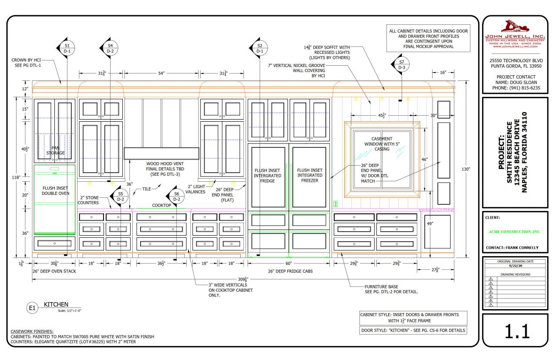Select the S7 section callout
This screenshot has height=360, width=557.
[x=400, y=64]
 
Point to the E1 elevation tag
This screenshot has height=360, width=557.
[x=31, y=308]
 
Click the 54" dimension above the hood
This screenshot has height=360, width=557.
[x=161, y=73]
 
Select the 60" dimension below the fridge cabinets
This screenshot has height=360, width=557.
[x=289, y=263]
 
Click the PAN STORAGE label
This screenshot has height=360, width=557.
[x=55, y=150]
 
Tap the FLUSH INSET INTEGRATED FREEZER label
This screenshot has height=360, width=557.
[x=310, y=176]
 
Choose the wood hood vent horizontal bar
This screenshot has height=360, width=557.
[x=161, y=153]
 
